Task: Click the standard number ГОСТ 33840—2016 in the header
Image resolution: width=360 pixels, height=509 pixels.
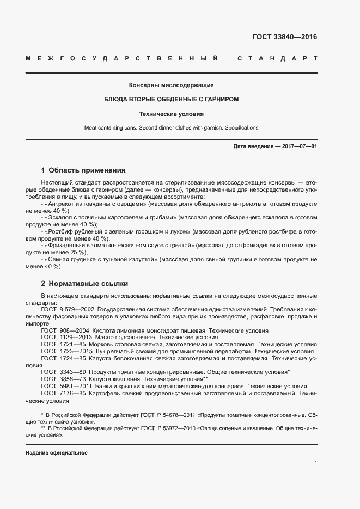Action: pos(284,38)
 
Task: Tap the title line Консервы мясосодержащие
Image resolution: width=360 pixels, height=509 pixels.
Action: pos(171,85)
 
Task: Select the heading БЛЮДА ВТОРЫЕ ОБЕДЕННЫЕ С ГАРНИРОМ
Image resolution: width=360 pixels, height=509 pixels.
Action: pos(171,100)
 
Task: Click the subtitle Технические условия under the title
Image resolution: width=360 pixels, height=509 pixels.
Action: pos(171,114)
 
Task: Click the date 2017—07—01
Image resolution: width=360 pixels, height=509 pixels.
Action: pos(298,146)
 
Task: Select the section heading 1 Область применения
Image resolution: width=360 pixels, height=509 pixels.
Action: pos(83,170)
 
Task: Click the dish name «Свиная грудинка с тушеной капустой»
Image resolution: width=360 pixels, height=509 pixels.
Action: pos(100,260)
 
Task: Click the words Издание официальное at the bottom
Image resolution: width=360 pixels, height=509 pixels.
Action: pos(57,453)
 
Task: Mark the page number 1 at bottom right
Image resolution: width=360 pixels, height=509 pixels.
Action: pos(316,462)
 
